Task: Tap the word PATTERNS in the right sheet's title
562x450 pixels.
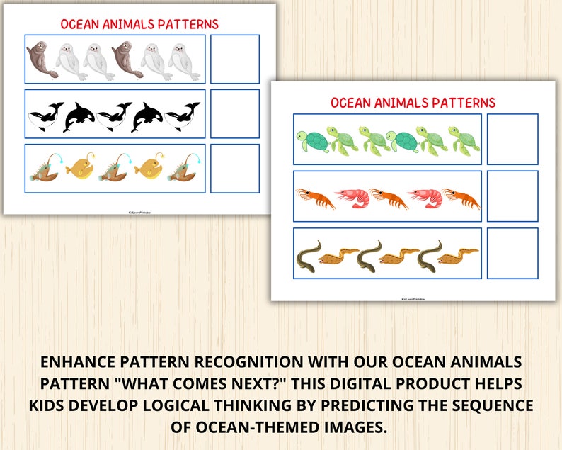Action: (x=459, y=103)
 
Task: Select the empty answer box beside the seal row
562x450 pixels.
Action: (x=235, y=59)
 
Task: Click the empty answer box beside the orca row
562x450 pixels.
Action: (x=235, y=113)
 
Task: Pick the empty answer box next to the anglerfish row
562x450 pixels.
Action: (x=235, y=169)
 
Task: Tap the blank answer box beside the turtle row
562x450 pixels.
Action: (x=512, y=139)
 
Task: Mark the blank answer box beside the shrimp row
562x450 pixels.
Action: (x=512, y=196)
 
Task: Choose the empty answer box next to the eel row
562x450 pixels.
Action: (x=512, y=253)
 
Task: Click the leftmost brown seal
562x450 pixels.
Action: (x=41, y=60)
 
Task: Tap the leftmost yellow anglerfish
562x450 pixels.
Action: (x=79, y=169)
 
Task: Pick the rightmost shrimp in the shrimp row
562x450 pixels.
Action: (x=461, y=198)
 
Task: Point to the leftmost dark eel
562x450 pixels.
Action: (x=309, y=254)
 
